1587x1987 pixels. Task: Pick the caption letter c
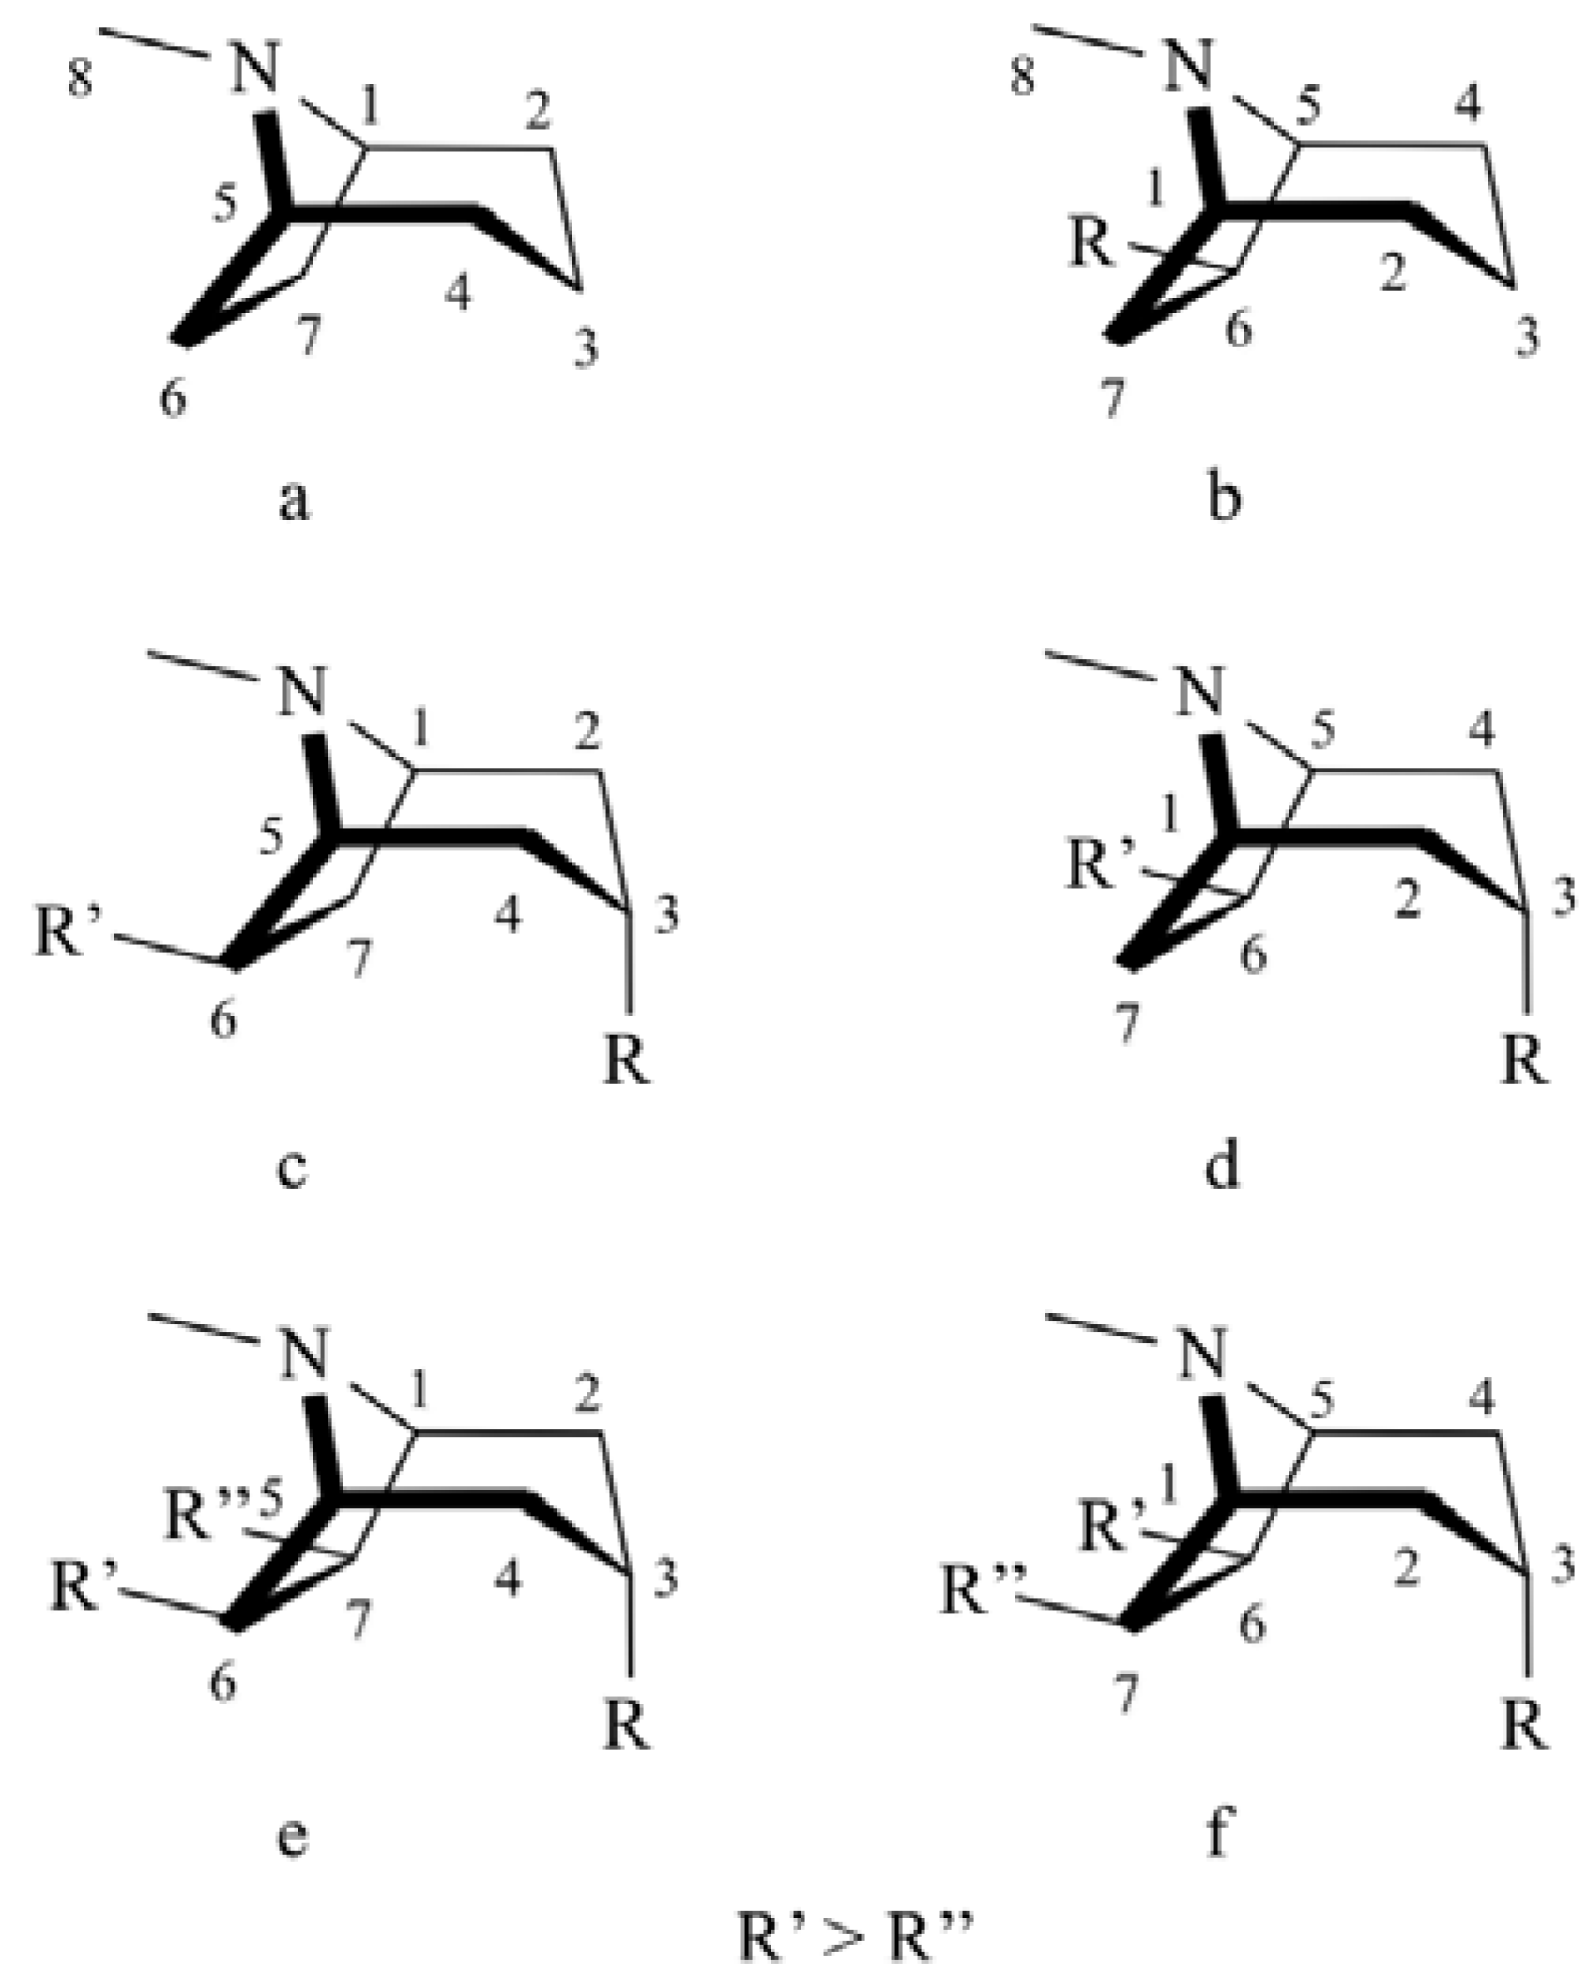(x=293, y=1169)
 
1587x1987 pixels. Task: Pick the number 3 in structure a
(x=586, y=349)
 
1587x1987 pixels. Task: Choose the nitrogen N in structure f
(x=1202, y=1358)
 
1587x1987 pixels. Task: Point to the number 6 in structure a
(x=173, y=400)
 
